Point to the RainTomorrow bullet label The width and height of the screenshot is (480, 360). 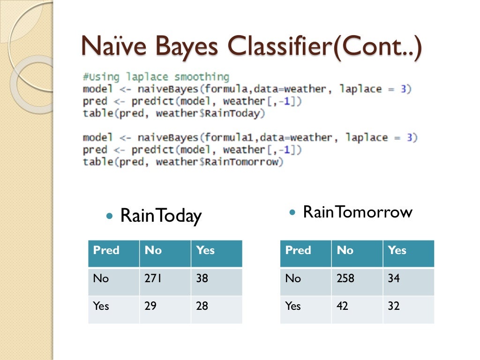tap(357, 212)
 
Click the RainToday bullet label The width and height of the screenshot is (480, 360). tap(161, 216)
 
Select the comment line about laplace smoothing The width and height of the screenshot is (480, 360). tap(156, 77)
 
